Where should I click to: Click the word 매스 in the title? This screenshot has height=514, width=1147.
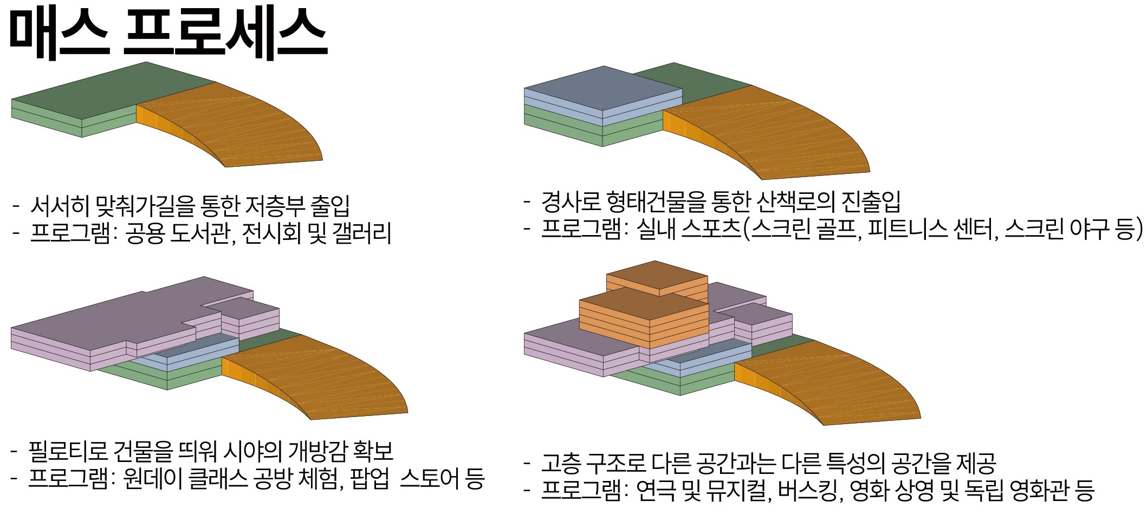[60, 34]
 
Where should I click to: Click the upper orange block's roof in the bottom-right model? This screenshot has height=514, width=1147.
[657, 277]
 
